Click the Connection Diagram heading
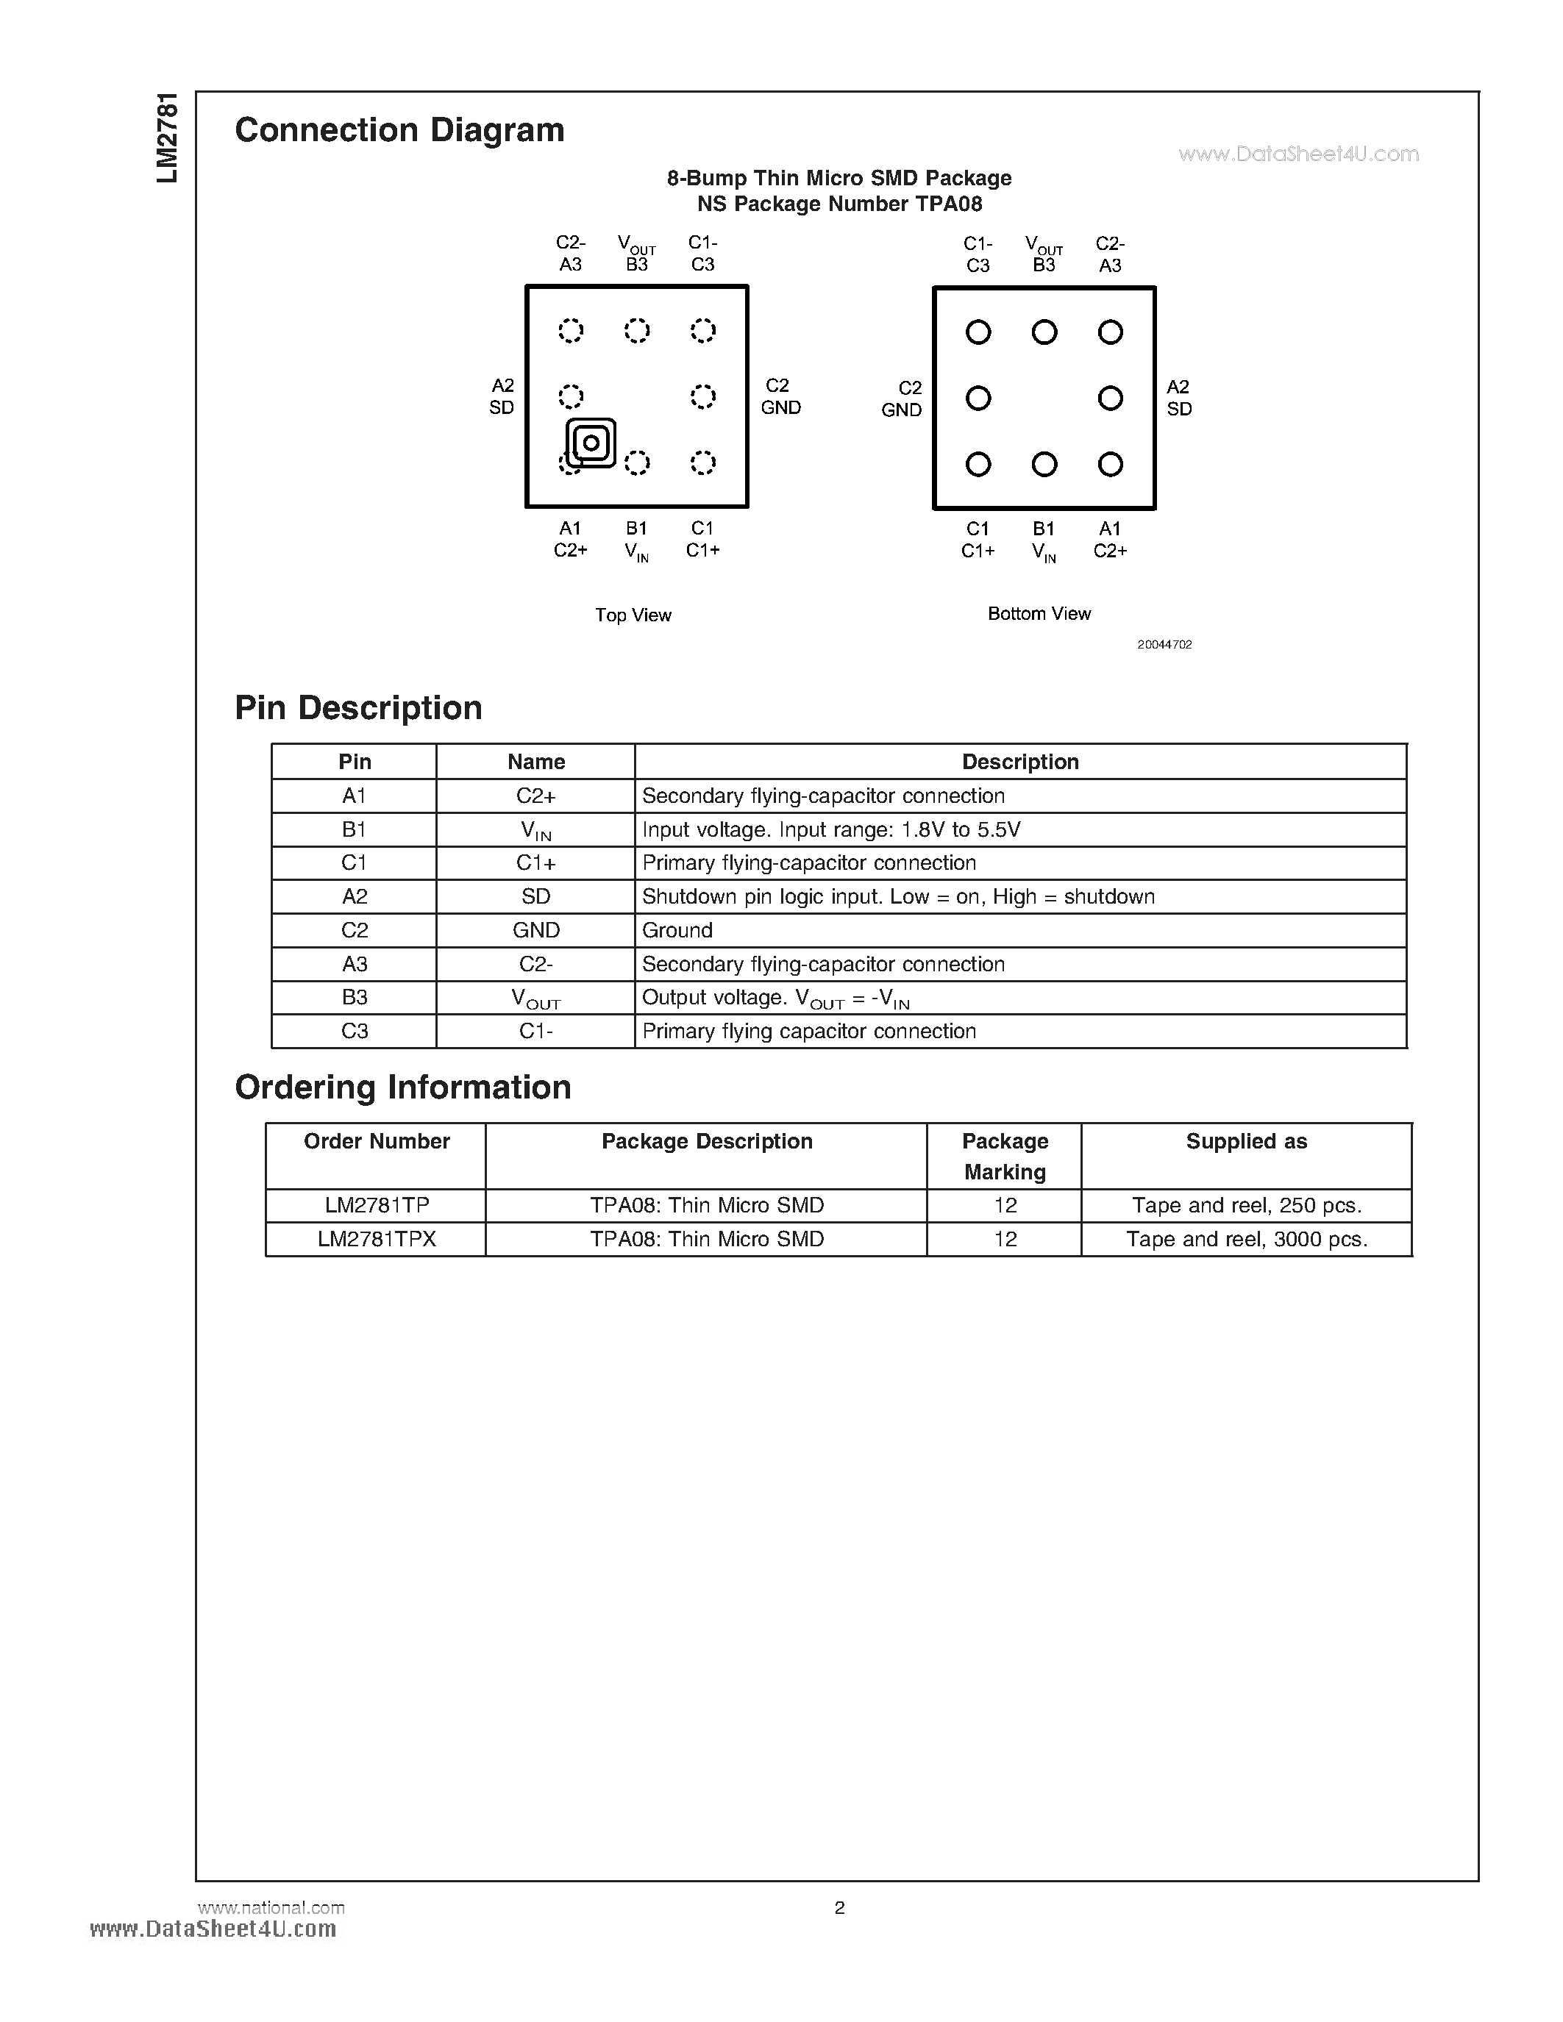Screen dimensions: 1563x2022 point(399,131)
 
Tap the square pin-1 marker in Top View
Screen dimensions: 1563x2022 point(591,443)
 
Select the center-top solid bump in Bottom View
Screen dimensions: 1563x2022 point(1044,332)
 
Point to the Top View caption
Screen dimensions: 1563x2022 point(633,615)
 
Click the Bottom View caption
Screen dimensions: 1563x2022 point(1039,613)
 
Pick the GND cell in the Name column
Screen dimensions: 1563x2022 point(535,930)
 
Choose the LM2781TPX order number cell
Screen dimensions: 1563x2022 point(376,1239)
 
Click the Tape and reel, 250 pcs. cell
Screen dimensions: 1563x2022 point(1246,1205)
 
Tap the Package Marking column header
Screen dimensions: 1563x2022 point(1005,1157)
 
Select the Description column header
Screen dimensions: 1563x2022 point(1019,762)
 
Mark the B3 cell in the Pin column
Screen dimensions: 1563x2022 point(355,997)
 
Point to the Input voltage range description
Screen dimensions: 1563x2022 point(830,829)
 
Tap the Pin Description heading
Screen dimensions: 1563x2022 point(358,708)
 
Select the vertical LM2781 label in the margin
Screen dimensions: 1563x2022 point(168,138)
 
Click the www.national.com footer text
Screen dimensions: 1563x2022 point(271,1907)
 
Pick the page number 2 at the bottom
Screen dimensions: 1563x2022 point(839,1908)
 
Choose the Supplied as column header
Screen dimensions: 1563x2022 point(1246,1142)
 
